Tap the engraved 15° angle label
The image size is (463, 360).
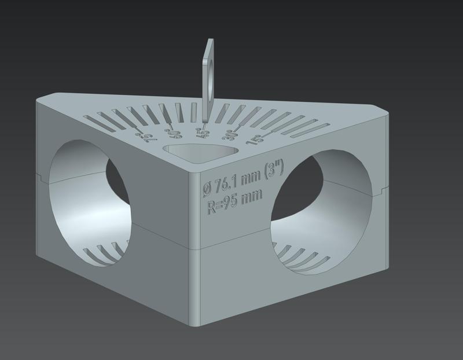click(x=253, y=140)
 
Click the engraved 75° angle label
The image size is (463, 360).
click(x=144, y=138)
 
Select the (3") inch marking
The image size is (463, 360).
click(x=271, y=172)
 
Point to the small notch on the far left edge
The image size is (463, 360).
click(x=37, y=171)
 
